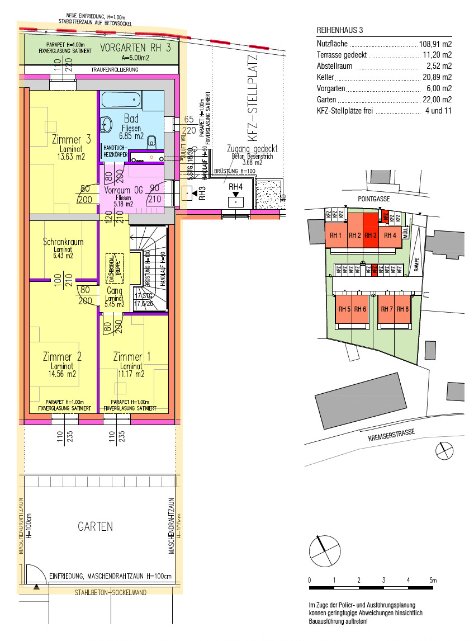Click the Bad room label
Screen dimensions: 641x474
click(x=131, y=119)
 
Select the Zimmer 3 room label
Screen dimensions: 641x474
click(x=71, y=140)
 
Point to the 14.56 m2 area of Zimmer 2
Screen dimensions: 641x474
click(x=63, y=374)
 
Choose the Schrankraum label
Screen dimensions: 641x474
click(x=63, y=242)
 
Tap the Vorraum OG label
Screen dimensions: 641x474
click(x=124, y=190)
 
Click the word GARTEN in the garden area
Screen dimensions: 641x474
click(x=95, y=526)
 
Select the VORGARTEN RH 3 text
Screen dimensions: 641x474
click(x=136, y=48)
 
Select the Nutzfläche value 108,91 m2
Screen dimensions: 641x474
click(x=435, y=44)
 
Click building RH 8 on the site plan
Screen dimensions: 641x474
click(x=402, y=309)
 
